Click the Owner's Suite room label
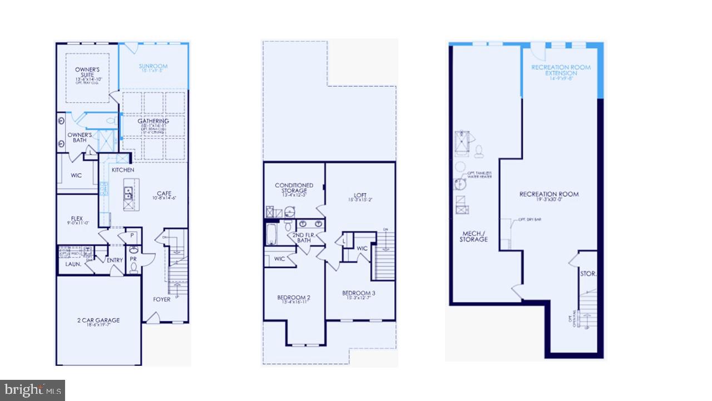[x=87, y=73]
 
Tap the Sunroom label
[x=153, y=67]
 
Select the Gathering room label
[x=154, y=121]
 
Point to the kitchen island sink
[x=127, y=193]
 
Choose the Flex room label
[x=77, y=218]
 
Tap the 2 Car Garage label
[x=98, y=320]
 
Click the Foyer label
[x=162, y=300]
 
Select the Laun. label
[x=73, y=265]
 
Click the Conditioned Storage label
[x=294, y=188]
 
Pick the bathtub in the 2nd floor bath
[x=271, y=235]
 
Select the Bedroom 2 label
[x=294, y=298]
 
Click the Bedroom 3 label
[x=358, y=294]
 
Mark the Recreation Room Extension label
[x=561, y=70]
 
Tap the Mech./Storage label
[x=474, y=237]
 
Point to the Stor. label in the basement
[x=588, y=274]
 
